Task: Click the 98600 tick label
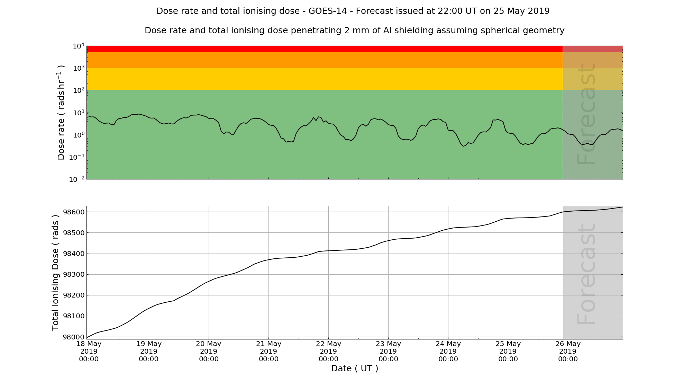coord(73,212)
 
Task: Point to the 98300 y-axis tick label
coord(73,275)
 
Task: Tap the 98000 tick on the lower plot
coord(73,337)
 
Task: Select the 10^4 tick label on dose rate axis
coord(79,46)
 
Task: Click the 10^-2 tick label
coord(77,179)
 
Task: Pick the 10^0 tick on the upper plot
coord(79,135)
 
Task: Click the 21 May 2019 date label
coord(268,351)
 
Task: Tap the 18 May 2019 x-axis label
coord(89,351)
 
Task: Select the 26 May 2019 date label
coord(568,351)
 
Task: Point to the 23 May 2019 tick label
coord(388,351)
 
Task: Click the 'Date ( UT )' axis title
coord(355,369)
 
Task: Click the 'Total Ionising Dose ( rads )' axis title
coord(55,273)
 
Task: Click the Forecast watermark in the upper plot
coord(586,114)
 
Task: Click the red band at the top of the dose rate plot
coord(311,49)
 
